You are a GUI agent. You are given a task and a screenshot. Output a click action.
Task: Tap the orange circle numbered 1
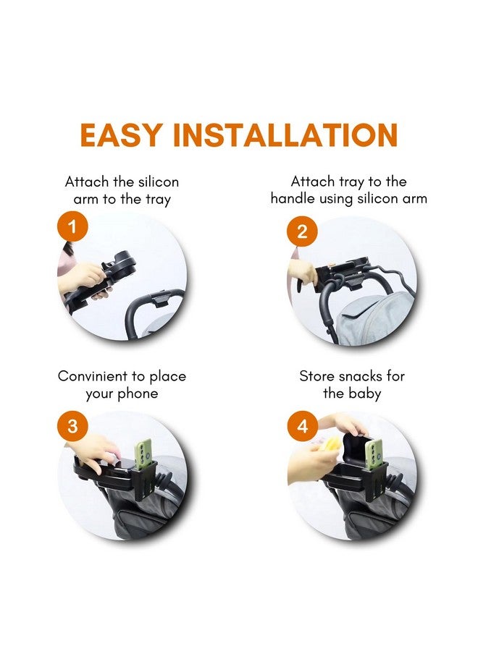pyautogui.click(x=72, y=228)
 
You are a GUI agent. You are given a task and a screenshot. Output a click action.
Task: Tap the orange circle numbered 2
pyautogui.click(x=302, y=231)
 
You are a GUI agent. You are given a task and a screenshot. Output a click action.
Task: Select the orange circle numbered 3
pyautogui.click(x=72, y=426)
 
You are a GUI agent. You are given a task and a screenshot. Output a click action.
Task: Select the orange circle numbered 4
pyautogui.click(x=302, y=426)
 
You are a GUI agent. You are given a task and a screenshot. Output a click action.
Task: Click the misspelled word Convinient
pyautogui.click(x=92, y=376)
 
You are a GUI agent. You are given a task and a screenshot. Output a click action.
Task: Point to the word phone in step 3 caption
pyautogui.click(x=137, y=394)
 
